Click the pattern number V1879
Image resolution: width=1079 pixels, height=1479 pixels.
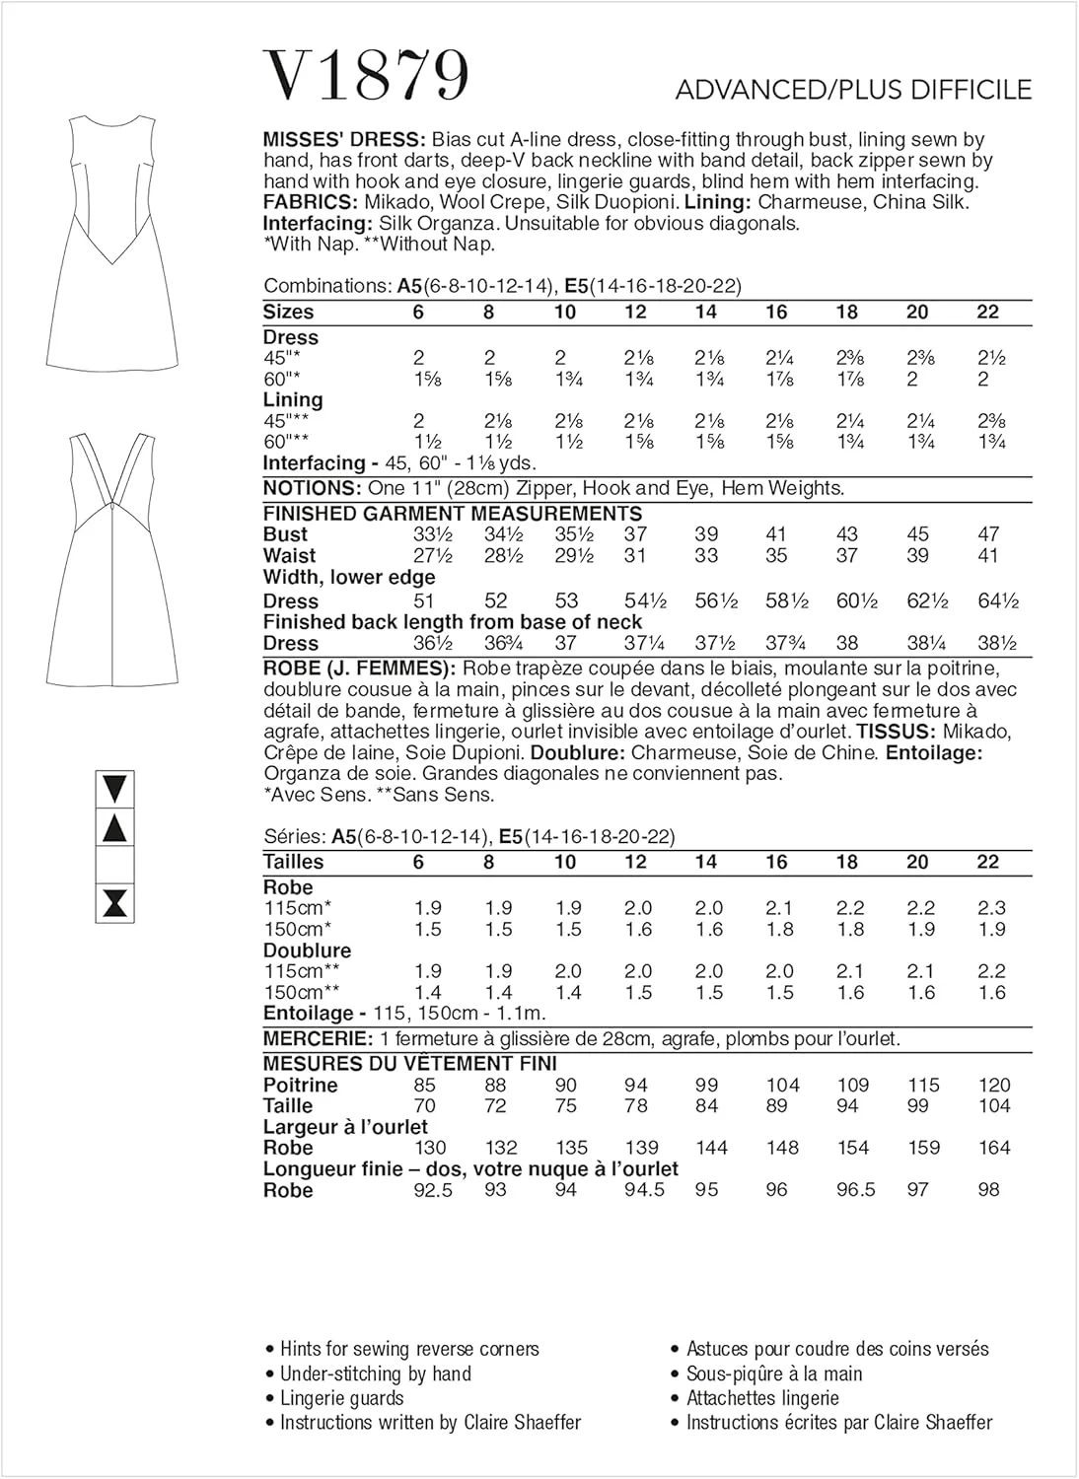[366, 76]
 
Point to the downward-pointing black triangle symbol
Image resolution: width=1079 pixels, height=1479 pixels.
[115, 789]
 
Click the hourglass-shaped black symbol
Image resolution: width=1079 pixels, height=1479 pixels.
[115, 903]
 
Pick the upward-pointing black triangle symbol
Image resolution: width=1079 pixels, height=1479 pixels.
[115, 828]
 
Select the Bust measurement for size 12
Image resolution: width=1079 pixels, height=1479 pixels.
[635, 534]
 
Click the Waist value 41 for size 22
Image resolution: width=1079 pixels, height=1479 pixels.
[988, 556]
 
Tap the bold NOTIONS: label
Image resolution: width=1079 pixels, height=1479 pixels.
[312, 488]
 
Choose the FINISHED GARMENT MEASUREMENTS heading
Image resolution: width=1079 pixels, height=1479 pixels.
[453, 514]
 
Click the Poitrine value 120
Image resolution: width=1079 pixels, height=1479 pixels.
[994, 1085]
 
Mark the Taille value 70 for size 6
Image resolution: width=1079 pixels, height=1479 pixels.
[425, 1106]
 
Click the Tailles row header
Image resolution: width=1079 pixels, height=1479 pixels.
[293, 862]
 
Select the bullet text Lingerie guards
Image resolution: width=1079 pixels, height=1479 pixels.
[341, 1398]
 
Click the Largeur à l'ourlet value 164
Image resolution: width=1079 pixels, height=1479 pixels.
[994, 1148]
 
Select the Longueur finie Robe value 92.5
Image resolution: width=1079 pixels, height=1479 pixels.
[432, 1190]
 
